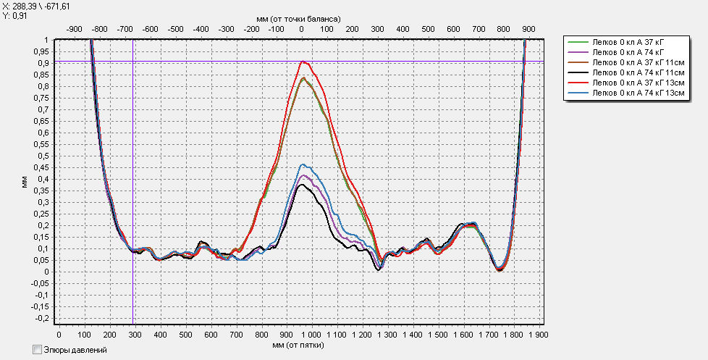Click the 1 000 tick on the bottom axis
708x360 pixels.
point(311,335)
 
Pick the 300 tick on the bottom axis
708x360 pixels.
point(135,335)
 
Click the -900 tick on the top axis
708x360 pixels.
point(74,28)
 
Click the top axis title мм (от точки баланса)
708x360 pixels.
point(299,16)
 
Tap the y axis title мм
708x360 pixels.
point(24,185)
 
